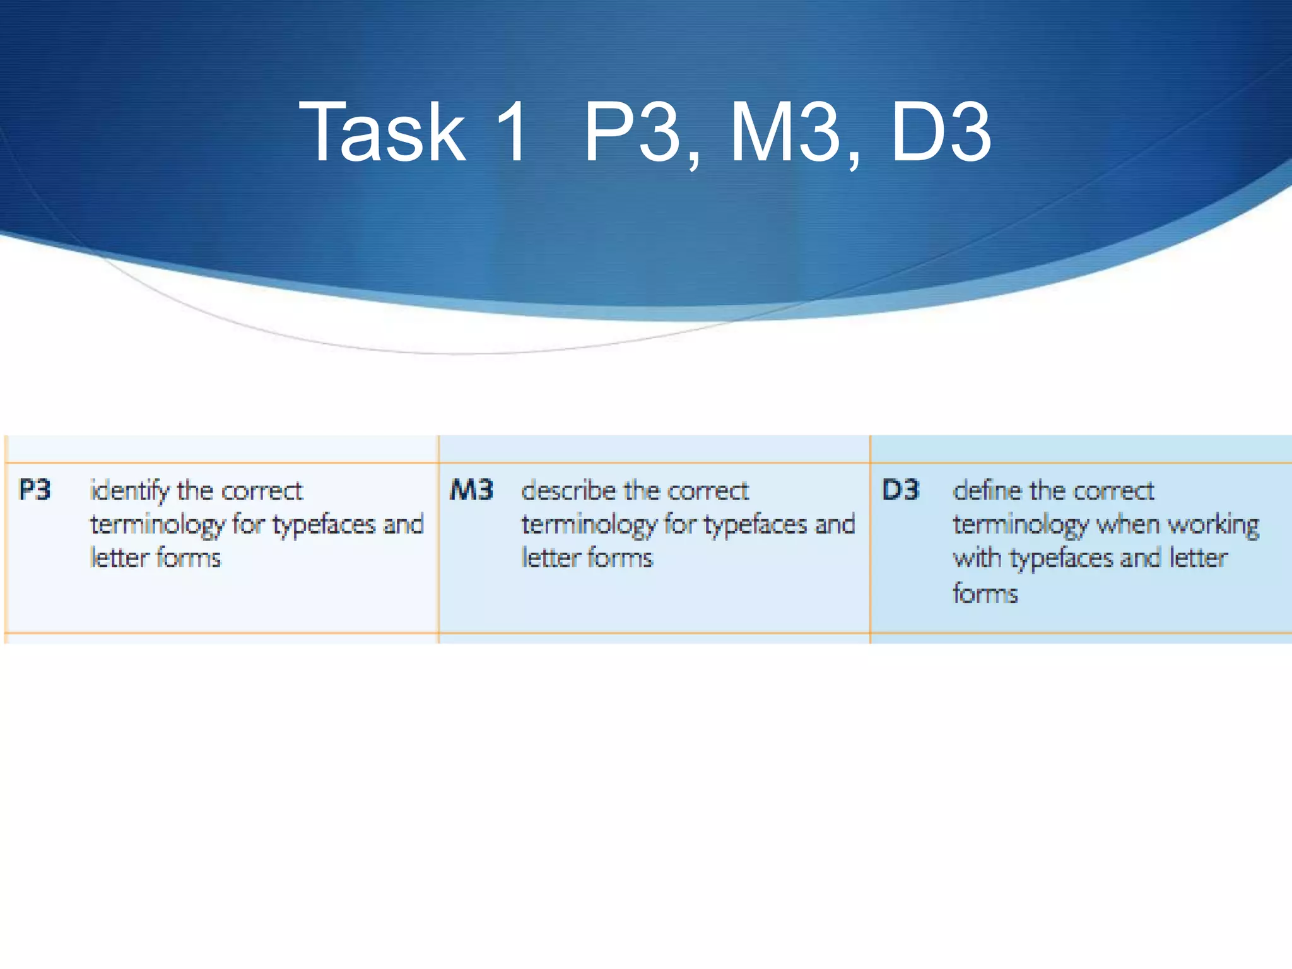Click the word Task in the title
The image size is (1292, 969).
pos(382,132)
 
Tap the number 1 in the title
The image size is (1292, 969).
pos(511,132)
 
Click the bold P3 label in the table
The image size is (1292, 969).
pos(35,490)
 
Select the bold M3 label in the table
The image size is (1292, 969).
pos(471,490)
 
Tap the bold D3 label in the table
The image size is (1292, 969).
pos(900,490)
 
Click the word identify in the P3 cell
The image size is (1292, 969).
pos(130,491)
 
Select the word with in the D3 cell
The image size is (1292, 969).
pos(977,558)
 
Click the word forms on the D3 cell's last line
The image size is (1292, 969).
pos(985,594)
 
